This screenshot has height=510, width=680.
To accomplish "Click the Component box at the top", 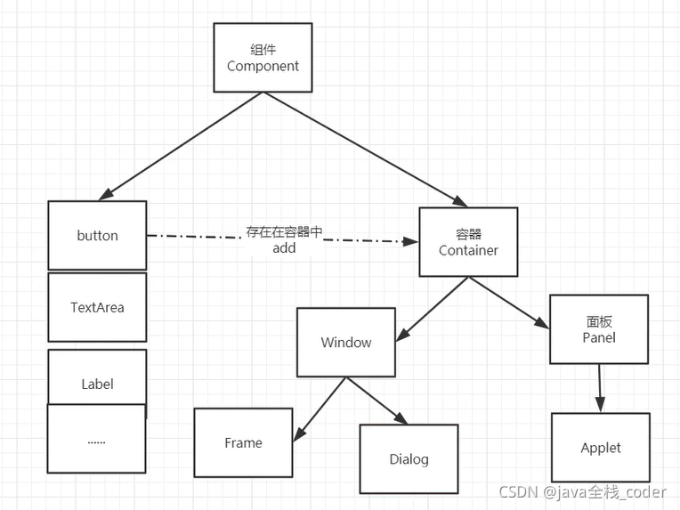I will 263,58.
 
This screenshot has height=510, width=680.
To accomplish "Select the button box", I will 97,236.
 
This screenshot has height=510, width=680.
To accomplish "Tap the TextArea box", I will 97,307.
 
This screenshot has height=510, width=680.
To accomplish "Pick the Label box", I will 97,383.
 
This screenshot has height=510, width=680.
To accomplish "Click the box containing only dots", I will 96,439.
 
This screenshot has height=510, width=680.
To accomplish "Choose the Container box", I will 468,242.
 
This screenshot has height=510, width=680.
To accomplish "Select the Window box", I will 346,342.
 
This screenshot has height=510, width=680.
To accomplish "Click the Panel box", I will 599,329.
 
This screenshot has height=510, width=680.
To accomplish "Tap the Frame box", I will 243,442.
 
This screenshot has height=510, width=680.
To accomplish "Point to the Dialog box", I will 409,459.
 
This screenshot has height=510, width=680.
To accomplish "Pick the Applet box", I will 600,448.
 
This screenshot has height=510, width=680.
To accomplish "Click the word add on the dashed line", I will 284,248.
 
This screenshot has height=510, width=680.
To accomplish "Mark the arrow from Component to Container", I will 365,147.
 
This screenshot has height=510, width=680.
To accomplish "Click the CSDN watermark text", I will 582,492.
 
